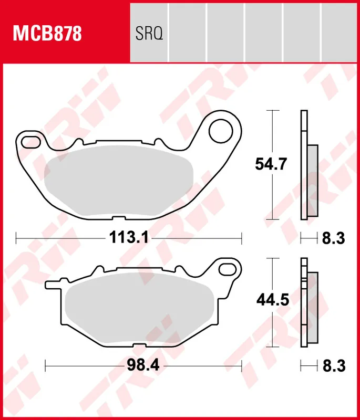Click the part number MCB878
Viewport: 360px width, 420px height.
[47, 34]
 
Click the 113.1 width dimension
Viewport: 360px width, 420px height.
[129, 238]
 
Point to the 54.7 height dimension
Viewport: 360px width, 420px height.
[271, 164]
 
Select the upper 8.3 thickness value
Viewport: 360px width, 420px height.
[332, 238]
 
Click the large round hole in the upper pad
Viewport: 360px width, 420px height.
[221, 132]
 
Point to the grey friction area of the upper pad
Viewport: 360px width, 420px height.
[118, 181]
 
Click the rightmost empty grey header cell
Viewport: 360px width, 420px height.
[339, 31]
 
